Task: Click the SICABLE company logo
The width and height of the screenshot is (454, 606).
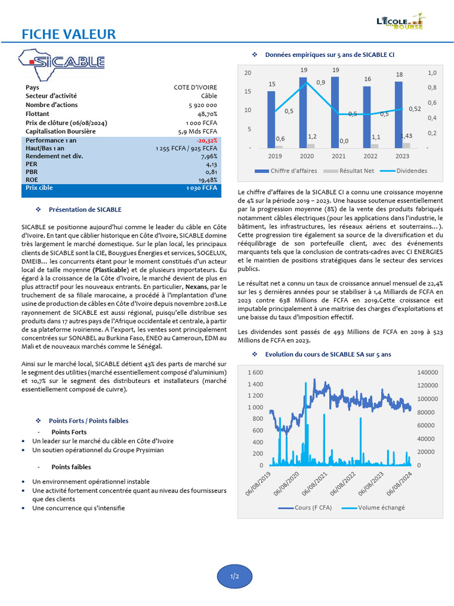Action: pyautogui.click(x=62, y=62)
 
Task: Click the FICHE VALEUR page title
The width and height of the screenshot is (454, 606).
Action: pyautogui.click(x=69, y=34)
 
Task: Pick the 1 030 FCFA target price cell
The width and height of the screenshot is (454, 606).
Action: pyautogui.click(x=201, y=188)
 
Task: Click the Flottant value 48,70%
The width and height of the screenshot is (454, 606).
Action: pyautogui.click(x=207, y=114)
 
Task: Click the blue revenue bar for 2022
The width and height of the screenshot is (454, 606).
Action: pyautogui.click(x=367, y=117)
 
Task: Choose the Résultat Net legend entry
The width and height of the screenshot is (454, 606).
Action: pyautogui.click(x=346, y=171)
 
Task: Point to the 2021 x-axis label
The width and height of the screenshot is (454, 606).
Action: pyautogui.click(x=339, y=156)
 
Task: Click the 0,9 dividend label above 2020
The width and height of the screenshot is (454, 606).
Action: pyautogui.click(x=320, y=82)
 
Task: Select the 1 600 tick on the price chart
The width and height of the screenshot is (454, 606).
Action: pyautogui.click(x=255, y=372)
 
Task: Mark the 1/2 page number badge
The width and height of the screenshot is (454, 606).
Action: pyautogui.click(x=235, y=576)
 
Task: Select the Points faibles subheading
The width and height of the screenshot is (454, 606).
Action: pyautogui.click(x=71, y=467)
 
